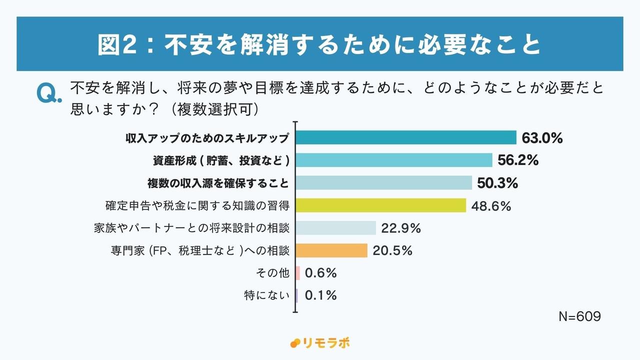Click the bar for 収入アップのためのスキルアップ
coord(406,137)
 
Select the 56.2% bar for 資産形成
coord(394,160)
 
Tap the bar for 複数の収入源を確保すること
coord(384,182)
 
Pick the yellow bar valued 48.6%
coord(381,205)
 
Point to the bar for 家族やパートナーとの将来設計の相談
coord(336,228)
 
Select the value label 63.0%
coord(542,138)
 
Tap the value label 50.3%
coord(497,183)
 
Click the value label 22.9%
coord(401,228)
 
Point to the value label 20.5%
coord(392,251)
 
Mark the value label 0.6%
coord(320,273)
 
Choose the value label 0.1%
coord(320,295)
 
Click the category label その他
coord(272,273)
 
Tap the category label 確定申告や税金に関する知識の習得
coord(197,205)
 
